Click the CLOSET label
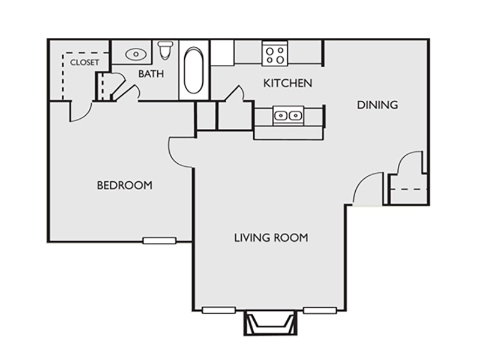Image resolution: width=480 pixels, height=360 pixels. (85, 62)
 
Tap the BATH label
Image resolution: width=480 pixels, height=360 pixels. (151, 74)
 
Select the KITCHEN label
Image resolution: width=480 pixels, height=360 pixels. (288, 83)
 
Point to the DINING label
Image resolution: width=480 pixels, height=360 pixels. (377, 105)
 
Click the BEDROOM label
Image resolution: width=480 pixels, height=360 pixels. (125, 185)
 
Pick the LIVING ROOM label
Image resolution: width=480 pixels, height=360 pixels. (271, 238)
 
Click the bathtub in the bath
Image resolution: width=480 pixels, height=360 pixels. (193, 70)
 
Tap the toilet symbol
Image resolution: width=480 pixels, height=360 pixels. (166, 50)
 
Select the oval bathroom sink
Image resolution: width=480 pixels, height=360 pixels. (136, 55)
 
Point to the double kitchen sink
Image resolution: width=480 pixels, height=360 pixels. (289, 116)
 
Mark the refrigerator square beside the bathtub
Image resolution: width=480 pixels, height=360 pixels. (222, 53)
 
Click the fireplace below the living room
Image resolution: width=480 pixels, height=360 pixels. (271, 323)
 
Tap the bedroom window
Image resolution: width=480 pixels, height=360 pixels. (160, 241)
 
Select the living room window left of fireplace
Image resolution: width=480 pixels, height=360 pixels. (218, 310)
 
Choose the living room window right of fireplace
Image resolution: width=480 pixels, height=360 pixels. (320, 310)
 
